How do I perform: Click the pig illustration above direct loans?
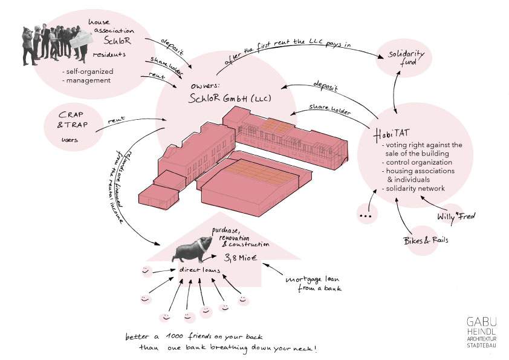[193, 247]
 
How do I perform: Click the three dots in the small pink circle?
[365, 215]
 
